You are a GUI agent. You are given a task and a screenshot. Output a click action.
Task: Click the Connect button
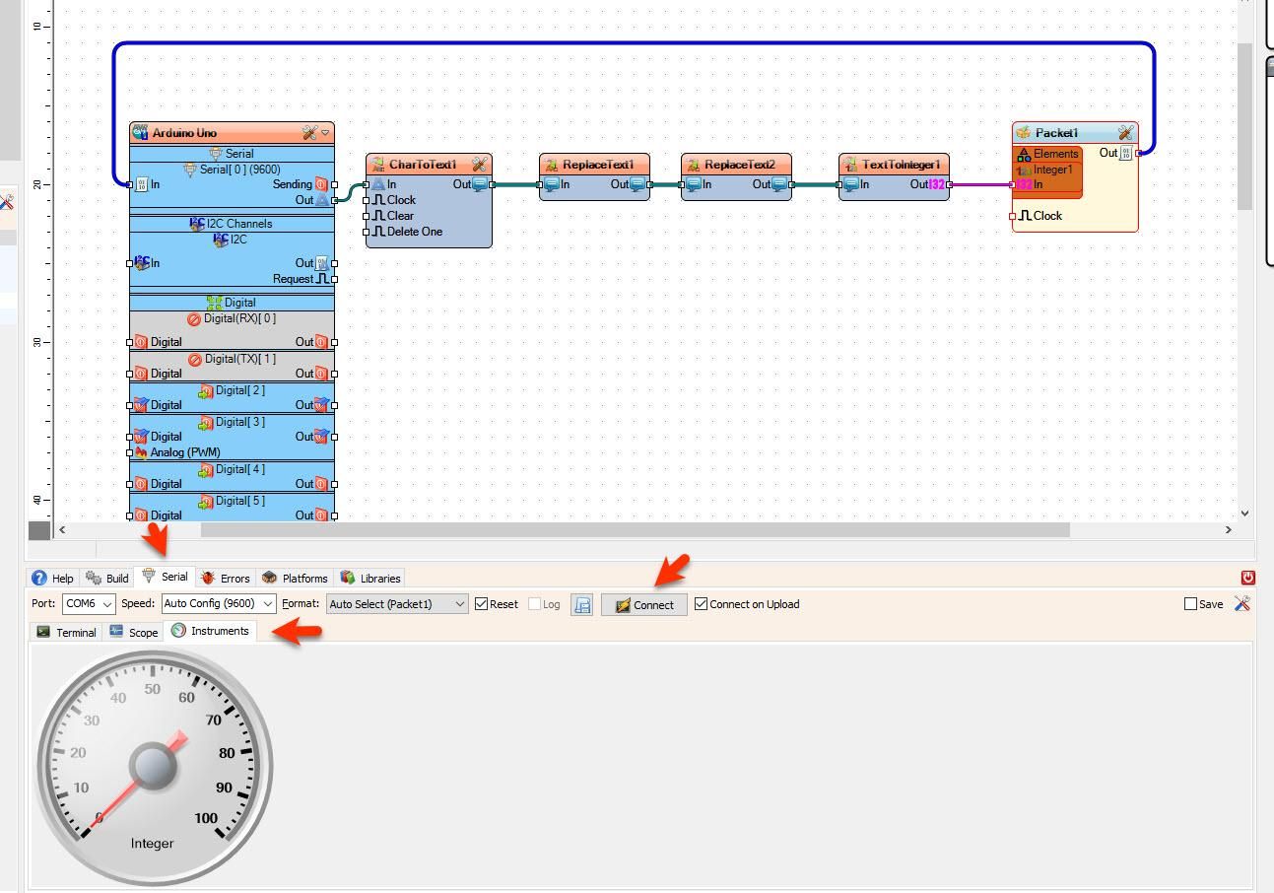[644, 605]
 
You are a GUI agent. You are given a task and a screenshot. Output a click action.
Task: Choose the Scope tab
[134, 632]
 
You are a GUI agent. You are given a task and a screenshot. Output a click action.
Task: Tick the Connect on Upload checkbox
[702, 604]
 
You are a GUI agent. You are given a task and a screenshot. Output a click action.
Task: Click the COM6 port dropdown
[88, 604]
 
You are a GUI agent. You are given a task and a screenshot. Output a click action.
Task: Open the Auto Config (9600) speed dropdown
[219, 604]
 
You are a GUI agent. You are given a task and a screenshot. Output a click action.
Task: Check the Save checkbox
[1190, 604]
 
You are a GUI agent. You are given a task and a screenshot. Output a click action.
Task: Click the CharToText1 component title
[423, 165]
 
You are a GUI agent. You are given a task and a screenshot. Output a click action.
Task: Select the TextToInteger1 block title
[901, 165]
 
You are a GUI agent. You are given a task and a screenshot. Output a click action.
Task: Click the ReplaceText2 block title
[739, 165]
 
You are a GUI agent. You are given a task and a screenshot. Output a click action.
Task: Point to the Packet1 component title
[1056, 133]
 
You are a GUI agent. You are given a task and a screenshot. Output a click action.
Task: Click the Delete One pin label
[414, 232]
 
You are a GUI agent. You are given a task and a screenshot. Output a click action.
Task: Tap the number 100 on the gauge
[206, 818]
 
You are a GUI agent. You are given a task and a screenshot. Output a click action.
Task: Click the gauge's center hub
[153, 766]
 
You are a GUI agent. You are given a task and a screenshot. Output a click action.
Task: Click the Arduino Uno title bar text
[184, 133]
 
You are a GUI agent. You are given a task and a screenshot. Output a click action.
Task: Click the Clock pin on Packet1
[1046, 216]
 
